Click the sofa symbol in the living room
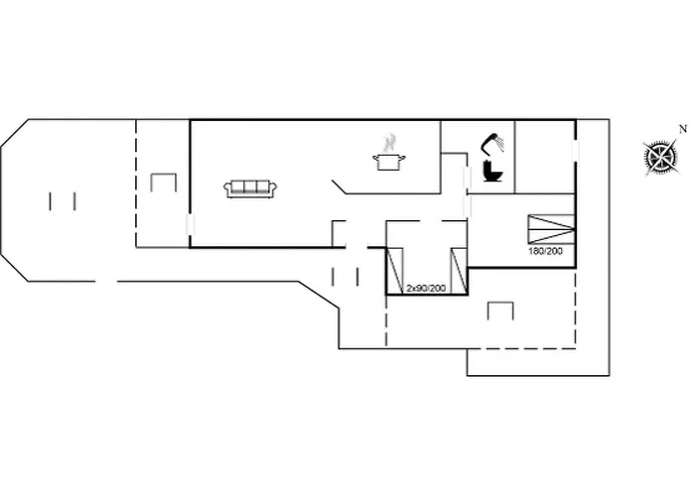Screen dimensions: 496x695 [x=250, y=188]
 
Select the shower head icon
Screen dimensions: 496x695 [x=494, y=143]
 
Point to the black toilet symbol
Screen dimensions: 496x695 [x=492, y=173]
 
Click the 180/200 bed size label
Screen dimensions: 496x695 [x=545, y=252]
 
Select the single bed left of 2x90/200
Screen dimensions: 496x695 [x=395, y=269]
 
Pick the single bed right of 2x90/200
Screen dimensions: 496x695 [x=458, y=269]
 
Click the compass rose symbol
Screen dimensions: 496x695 [x=659, y=157]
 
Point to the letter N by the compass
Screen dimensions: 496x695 [x=682, y=128]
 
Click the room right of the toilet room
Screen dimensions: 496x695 [x=544, y=157]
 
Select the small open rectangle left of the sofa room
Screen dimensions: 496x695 [x=162, y=184]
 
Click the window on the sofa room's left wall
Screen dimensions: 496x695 [x=189, y=227]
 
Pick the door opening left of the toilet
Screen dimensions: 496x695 [x=467, y=178]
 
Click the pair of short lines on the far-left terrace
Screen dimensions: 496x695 [x=62, y=200]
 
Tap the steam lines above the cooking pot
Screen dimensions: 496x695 [x=390, y=142]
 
